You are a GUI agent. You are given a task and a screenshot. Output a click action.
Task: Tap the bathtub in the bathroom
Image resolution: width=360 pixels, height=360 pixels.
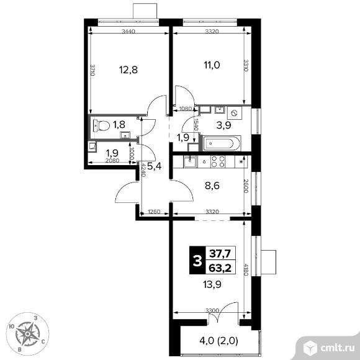coord(220,143)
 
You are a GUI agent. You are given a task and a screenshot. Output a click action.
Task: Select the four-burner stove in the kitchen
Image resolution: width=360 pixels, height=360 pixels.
coord(218,161)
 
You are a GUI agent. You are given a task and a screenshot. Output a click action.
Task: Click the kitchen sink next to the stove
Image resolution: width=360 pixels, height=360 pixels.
coord(190,161)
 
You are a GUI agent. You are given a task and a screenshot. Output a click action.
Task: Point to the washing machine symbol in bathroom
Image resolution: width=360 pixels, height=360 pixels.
coord(235,113)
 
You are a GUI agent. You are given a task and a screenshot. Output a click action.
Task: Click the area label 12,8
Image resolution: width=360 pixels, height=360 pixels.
coord(128,70)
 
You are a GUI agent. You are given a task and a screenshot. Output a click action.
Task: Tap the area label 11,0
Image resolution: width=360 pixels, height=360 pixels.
coord(212,65)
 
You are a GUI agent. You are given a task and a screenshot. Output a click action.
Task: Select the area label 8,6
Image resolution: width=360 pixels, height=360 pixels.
coord(212,186)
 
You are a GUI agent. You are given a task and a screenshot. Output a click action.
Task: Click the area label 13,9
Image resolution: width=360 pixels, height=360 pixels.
coord(212,285)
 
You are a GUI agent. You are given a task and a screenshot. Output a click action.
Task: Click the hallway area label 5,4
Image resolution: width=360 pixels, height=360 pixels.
coord(155,166)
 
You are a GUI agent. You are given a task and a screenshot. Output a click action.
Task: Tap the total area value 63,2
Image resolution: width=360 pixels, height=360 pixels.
coord(220,268)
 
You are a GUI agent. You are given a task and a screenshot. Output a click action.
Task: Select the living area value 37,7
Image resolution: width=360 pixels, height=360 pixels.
coord(220,254)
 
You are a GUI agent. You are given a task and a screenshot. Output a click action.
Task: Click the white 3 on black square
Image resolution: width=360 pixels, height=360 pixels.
coord(197,261)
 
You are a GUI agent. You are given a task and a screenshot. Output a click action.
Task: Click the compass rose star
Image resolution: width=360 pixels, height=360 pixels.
coord(27,333)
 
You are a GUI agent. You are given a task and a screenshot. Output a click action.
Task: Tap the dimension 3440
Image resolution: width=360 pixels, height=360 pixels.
coord(128,32)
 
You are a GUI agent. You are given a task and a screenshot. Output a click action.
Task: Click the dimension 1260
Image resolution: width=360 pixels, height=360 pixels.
coord(154,212)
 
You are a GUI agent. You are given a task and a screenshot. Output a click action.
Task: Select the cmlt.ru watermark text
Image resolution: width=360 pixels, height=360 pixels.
coord(338,348)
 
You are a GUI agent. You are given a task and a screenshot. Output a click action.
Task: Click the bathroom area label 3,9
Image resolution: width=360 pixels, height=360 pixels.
coord(224,125)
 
